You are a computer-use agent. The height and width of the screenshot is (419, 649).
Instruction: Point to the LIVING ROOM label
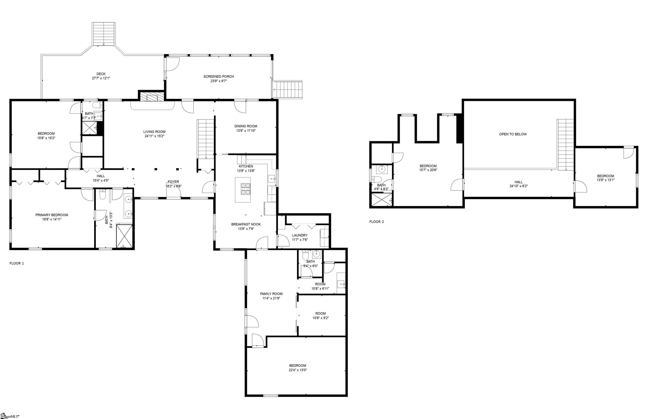tap(154, 132)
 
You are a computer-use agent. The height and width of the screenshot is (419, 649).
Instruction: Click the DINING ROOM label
tap(246, 126)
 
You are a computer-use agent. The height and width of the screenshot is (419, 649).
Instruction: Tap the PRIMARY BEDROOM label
tap(52, 215)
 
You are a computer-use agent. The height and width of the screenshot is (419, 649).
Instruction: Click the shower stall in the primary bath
tap(124, 236)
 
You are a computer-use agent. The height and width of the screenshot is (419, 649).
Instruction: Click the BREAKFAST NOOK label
tap(246, 224)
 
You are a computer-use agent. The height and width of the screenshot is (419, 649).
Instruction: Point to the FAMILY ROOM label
tap(271, 294)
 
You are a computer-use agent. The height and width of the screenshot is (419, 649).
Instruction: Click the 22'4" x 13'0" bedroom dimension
tap(298, 370)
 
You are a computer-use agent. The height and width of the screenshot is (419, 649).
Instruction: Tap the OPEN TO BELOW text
tap(513, 134)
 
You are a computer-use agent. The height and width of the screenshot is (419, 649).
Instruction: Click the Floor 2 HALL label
tap(519, 182)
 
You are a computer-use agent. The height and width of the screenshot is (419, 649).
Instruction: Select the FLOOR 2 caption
tap(376, 222)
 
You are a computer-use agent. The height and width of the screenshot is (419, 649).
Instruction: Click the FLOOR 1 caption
tap(16, 263)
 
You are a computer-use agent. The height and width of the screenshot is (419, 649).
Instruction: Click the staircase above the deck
tap(103, 34)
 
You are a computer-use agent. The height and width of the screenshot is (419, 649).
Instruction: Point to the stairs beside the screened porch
tap(288, 89)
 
